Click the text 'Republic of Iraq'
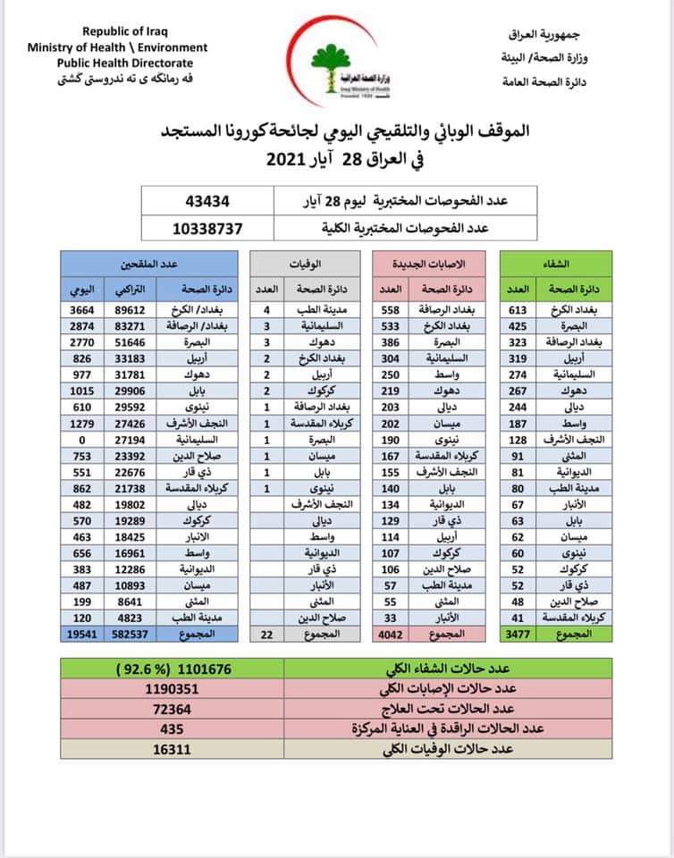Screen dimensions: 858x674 pyautogui.click(x=118, y=31)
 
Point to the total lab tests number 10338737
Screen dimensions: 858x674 pyautogui.click(x=207, y=228)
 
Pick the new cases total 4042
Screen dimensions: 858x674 pyautogui.click(x=387, y=633)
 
